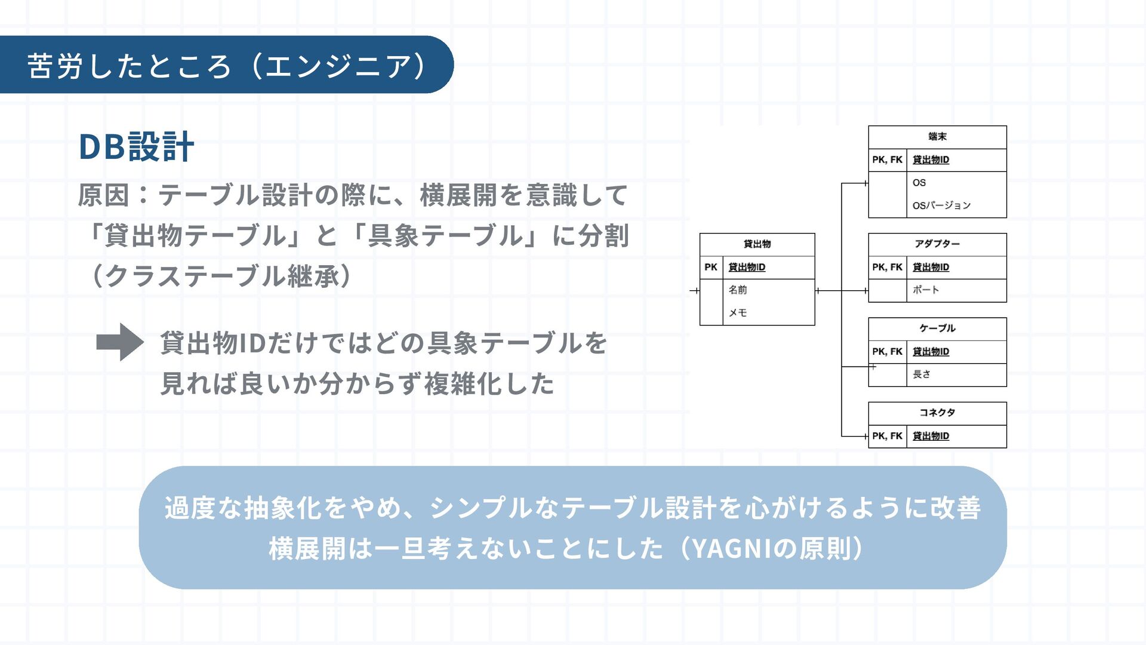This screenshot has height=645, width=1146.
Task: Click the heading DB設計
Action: [x=136, y=147]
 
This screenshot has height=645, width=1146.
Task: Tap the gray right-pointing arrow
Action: [x=120, y=342]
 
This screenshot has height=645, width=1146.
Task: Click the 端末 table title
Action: [x=937, y=137]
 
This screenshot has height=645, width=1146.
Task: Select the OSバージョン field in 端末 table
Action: [x=941, y=205]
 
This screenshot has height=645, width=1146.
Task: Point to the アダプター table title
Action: [x=937, y=244]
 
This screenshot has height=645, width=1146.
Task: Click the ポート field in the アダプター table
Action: [x=926, y=290]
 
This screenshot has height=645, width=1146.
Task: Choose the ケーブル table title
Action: [x=937, y=328]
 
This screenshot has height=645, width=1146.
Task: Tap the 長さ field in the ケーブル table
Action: [x=922, y=374]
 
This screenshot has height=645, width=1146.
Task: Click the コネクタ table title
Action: [x=937, y=413]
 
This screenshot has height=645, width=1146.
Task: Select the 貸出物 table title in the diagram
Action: [x=757, y=244]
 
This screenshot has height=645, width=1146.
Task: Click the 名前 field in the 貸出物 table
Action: [x=738, y=290]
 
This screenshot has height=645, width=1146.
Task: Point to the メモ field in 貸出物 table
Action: [x=738, y=313]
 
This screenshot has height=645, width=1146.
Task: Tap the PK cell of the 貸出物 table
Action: [x=711, y=268]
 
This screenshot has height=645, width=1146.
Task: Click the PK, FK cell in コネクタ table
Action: [x=887, y=437]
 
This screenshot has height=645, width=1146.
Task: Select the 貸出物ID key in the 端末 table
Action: [x=931, y=160]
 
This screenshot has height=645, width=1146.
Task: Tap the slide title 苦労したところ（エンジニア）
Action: [x=227, y=65]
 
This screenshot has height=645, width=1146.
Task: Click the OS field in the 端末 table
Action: [x=919, y=183]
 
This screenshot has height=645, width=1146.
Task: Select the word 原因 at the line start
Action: [x=103, y=196]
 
